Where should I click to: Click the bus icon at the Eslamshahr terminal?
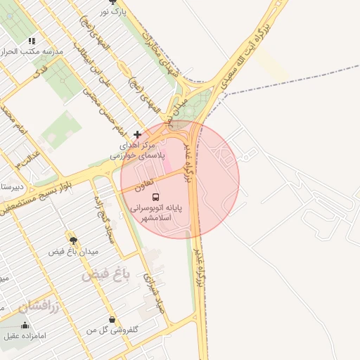pyautogui.click(x=155, y=197)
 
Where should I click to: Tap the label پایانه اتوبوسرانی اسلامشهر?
pyautogui.click(x=160, y=214)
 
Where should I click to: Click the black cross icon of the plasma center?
pyautogui.click(x=137, y=134)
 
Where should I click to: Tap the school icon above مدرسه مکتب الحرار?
pyautogui.click(x=31, y=41)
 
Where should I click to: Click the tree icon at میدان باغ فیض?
pyautogui.click(x=73, y=240)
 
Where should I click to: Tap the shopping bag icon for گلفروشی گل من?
pyautogui.click(x=112, y=320)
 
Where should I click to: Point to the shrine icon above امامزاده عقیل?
pyautogui.click(x=26, y=325)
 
